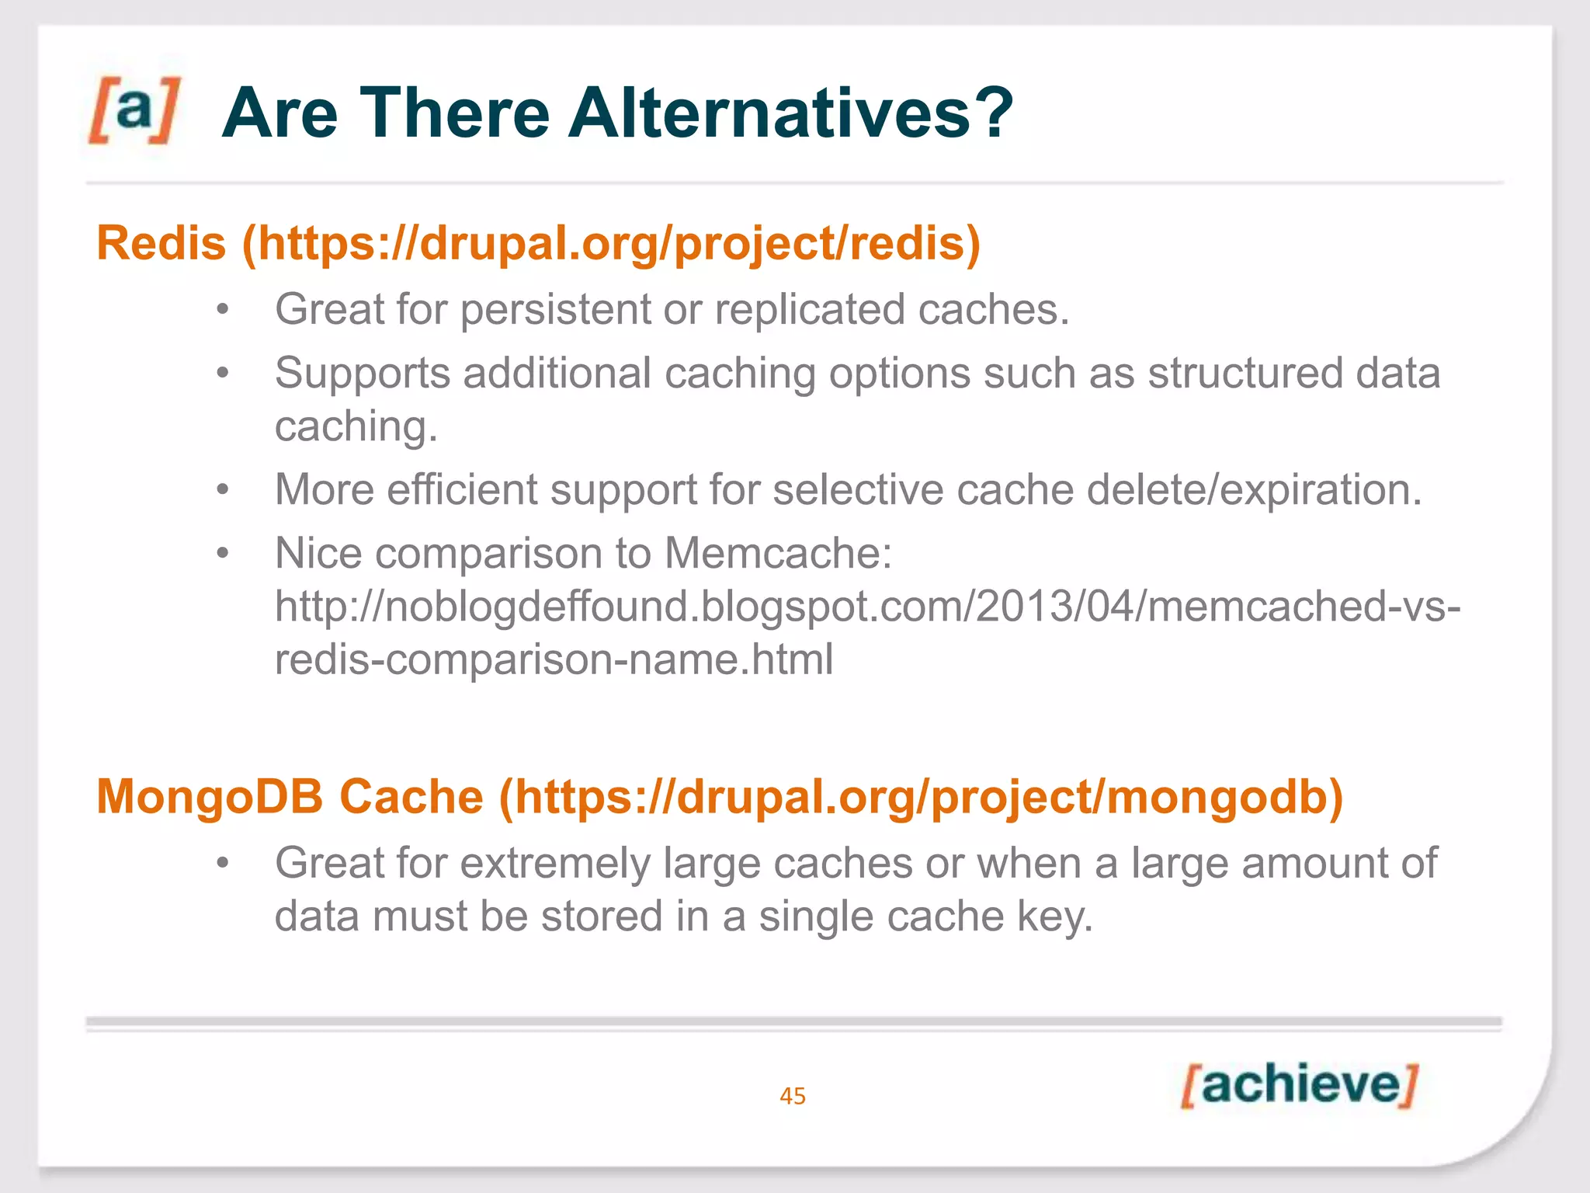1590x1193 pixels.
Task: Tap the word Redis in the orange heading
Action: (x=161, y=243)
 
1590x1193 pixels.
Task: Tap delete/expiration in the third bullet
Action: (x=1253, y=490)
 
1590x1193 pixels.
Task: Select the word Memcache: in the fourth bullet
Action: (x=778, y=554)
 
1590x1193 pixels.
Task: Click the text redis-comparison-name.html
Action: (x=554, y=659)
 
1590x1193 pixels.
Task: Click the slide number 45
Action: (x=793, y=1096)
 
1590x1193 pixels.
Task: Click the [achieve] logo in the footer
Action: (x=1299, y=1085)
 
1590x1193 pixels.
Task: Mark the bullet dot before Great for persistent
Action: (x=223, y=310)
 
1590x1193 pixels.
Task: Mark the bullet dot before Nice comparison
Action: (x=223, y=554)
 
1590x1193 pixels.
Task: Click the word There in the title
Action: (x=454, y=113)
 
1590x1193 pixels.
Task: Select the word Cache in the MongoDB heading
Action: (x=411, y=797)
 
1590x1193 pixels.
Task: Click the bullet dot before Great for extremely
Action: (x=223, y=863)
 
